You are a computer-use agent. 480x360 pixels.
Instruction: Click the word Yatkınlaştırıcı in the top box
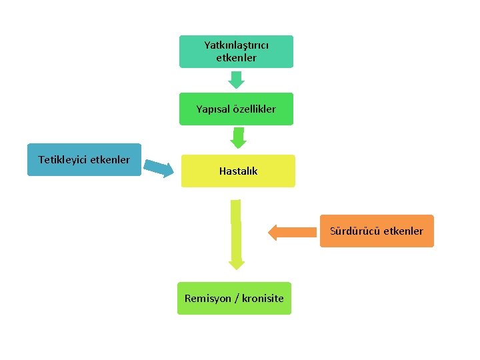tap(236, 45)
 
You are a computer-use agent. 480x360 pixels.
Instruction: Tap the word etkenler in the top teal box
tap(236, 58)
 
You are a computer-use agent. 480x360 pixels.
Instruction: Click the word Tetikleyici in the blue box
tap(64, 159)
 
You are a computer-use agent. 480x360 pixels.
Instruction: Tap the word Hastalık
tap(238, 171)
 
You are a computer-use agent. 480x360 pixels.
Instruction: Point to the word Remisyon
tap(207, 298)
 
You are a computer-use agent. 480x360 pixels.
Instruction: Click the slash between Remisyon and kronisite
tap(235, 298)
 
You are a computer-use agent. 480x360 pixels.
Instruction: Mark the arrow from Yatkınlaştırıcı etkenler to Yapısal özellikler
tap(237, 79)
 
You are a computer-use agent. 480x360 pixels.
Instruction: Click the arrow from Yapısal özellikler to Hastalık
tap(237, 138)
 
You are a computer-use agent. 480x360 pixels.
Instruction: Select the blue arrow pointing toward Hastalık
tap(159, 168)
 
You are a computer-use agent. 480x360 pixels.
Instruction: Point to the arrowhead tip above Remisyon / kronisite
tap(237, 269)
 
